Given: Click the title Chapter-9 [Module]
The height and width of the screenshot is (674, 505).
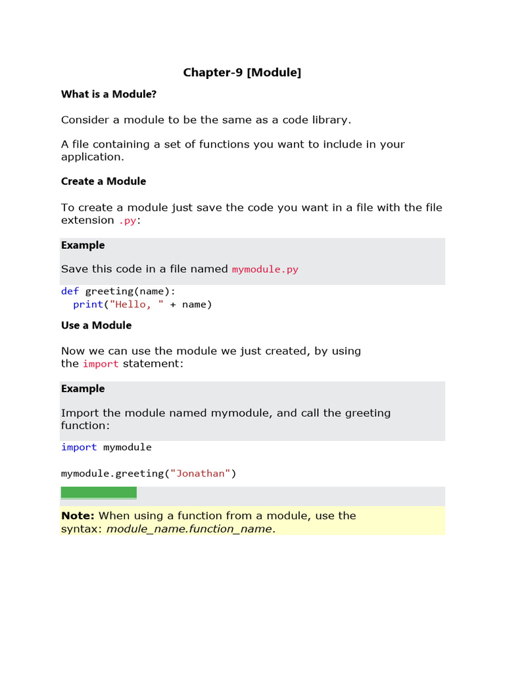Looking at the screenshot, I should pos(242,72).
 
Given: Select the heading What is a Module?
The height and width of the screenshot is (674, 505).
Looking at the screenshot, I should pos(108,94).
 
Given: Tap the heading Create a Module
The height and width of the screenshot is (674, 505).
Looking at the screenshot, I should pos(103,181).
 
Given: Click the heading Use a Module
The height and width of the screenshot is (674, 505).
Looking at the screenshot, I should pos(96,325).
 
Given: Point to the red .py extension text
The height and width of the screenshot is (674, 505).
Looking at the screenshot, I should pos(128,220).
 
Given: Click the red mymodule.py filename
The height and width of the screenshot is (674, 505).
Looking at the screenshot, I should pos(265,269).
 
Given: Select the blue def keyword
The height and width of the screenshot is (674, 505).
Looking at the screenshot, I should pos(70,291).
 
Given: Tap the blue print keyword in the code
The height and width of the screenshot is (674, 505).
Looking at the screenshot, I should pos(88,304).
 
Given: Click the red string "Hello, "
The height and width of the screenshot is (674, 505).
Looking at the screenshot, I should pos(137,304).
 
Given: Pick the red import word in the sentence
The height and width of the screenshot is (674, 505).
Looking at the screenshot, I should pos(101,364).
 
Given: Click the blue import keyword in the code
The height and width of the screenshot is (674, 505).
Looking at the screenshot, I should pos(79,447).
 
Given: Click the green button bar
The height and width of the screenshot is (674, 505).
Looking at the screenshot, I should pos(99,492).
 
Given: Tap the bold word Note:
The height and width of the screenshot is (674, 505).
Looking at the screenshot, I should pos(78,516).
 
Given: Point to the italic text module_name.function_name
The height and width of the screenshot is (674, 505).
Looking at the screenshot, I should pos(189,529).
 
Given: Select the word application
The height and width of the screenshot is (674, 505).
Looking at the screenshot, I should pos(92,157).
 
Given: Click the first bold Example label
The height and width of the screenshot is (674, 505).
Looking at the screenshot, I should pos(83,245).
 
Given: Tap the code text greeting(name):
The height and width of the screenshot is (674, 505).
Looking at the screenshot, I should pos(131,291).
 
